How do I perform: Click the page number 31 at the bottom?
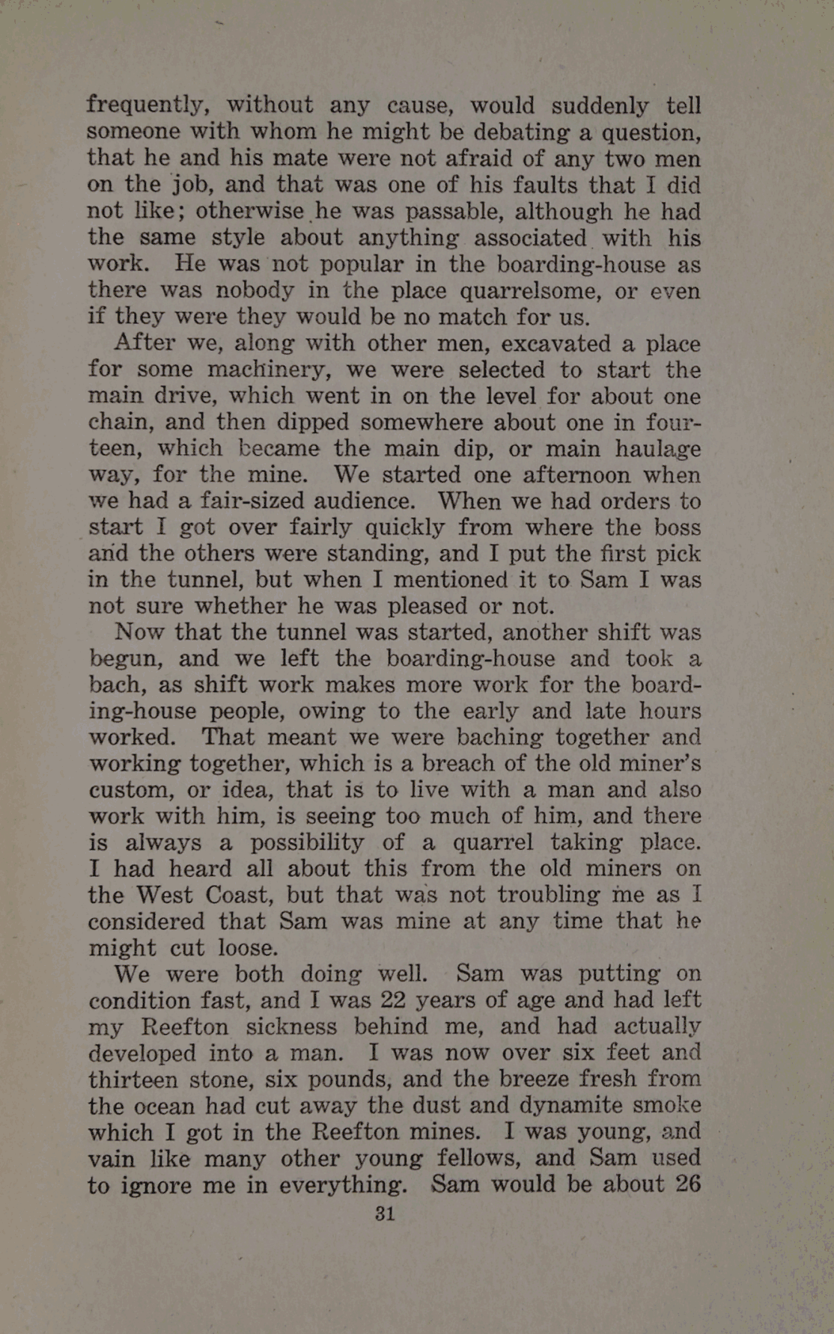pyautogui.click(x=384, y=1213)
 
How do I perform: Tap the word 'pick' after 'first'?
pyautogui.click(x=678, y=554)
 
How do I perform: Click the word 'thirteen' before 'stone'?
pyautogui.click(x=134, y=1080)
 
